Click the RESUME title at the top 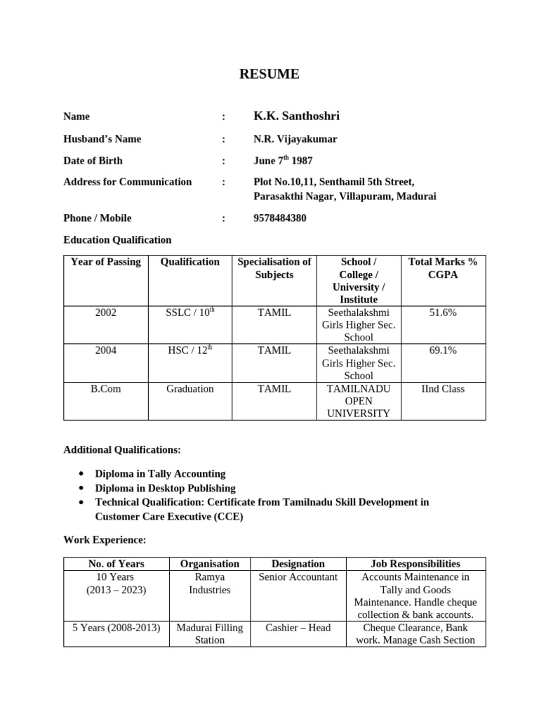tap(269, 74)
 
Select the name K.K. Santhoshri tap(296, 116)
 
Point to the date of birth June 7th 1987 tap(283, 160)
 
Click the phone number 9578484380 tap(280, 218)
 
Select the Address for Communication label tap(127, 182)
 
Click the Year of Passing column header tap(106, 262)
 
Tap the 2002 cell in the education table tap(106, 312)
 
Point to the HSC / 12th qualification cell tap(189, 350)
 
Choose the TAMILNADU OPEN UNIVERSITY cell tap(358, 401)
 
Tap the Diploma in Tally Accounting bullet tap(160, 474)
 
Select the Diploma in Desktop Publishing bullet tap(165, 488)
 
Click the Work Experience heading tap(105, 540)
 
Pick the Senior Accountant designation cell tap(298, 577)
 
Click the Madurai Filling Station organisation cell tap(209, 633)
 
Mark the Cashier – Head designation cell tap(298, 628)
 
